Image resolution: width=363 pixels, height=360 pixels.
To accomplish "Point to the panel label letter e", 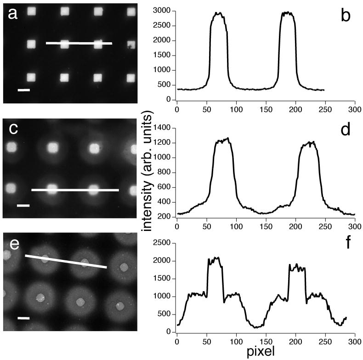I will (x=13, y=244).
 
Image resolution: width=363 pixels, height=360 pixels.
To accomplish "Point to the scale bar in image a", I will (x=23, y=90).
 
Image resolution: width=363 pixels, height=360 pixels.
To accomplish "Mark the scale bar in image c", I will (x=23, y=206).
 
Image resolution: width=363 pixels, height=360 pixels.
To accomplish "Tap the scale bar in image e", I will (x=23, y=318).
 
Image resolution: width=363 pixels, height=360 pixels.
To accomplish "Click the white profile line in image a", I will (x=79, y=44).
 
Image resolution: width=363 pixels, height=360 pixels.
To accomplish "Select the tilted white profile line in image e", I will (x=66, y=261).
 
